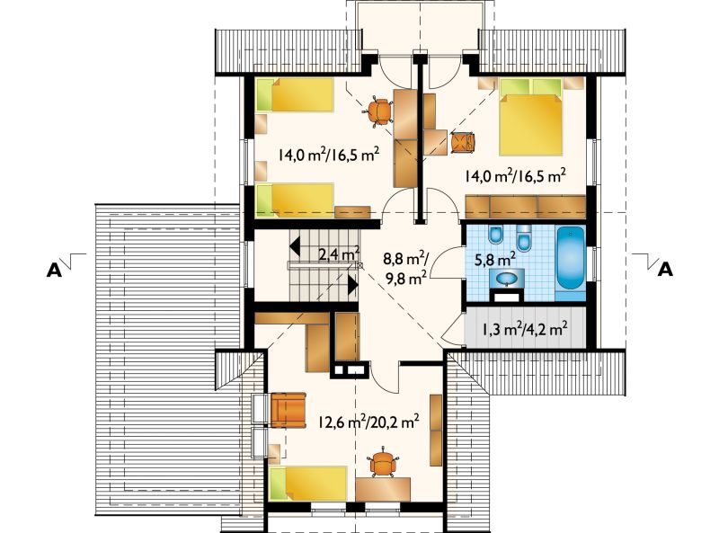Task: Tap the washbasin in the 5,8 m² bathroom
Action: tap(507, 279)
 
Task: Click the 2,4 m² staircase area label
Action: tap(339, 253)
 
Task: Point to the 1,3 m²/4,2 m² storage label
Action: tap(525, 328)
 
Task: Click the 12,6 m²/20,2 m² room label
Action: tap(368, 422)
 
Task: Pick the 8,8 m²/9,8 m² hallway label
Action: tap(406, 269)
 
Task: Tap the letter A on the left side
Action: tap(54, 271)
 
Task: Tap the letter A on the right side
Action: tap(665, 270)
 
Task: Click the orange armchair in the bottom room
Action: tap(288, 410)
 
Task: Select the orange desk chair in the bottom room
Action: tap(383, 463)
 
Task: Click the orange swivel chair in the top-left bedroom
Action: tap(380, 111)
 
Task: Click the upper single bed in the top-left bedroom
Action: tap(295, 94)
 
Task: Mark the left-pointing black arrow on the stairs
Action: tap(295, 245)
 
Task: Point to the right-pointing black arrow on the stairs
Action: tap(352, 284)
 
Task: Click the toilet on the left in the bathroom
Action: tap(496, 235)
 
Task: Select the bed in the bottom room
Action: tap(308, 484)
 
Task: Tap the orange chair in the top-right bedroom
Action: tap(463, 142)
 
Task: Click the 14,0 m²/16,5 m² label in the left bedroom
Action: tap(328, 155)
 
